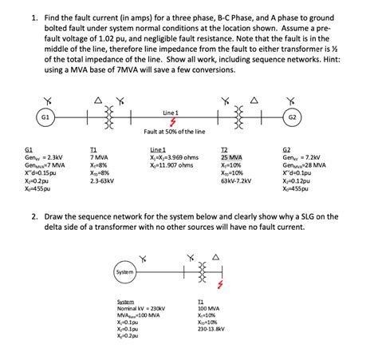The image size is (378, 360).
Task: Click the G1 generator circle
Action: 46,116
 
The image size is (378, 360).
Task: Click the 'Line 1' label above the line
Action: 170,111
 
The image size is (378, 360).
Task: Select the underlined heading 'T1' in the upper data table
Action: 94,149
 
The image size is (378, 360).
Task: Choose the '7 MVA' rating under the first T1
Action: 100,158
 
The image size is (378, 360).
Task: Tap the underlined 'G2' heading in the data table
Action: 288,149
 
